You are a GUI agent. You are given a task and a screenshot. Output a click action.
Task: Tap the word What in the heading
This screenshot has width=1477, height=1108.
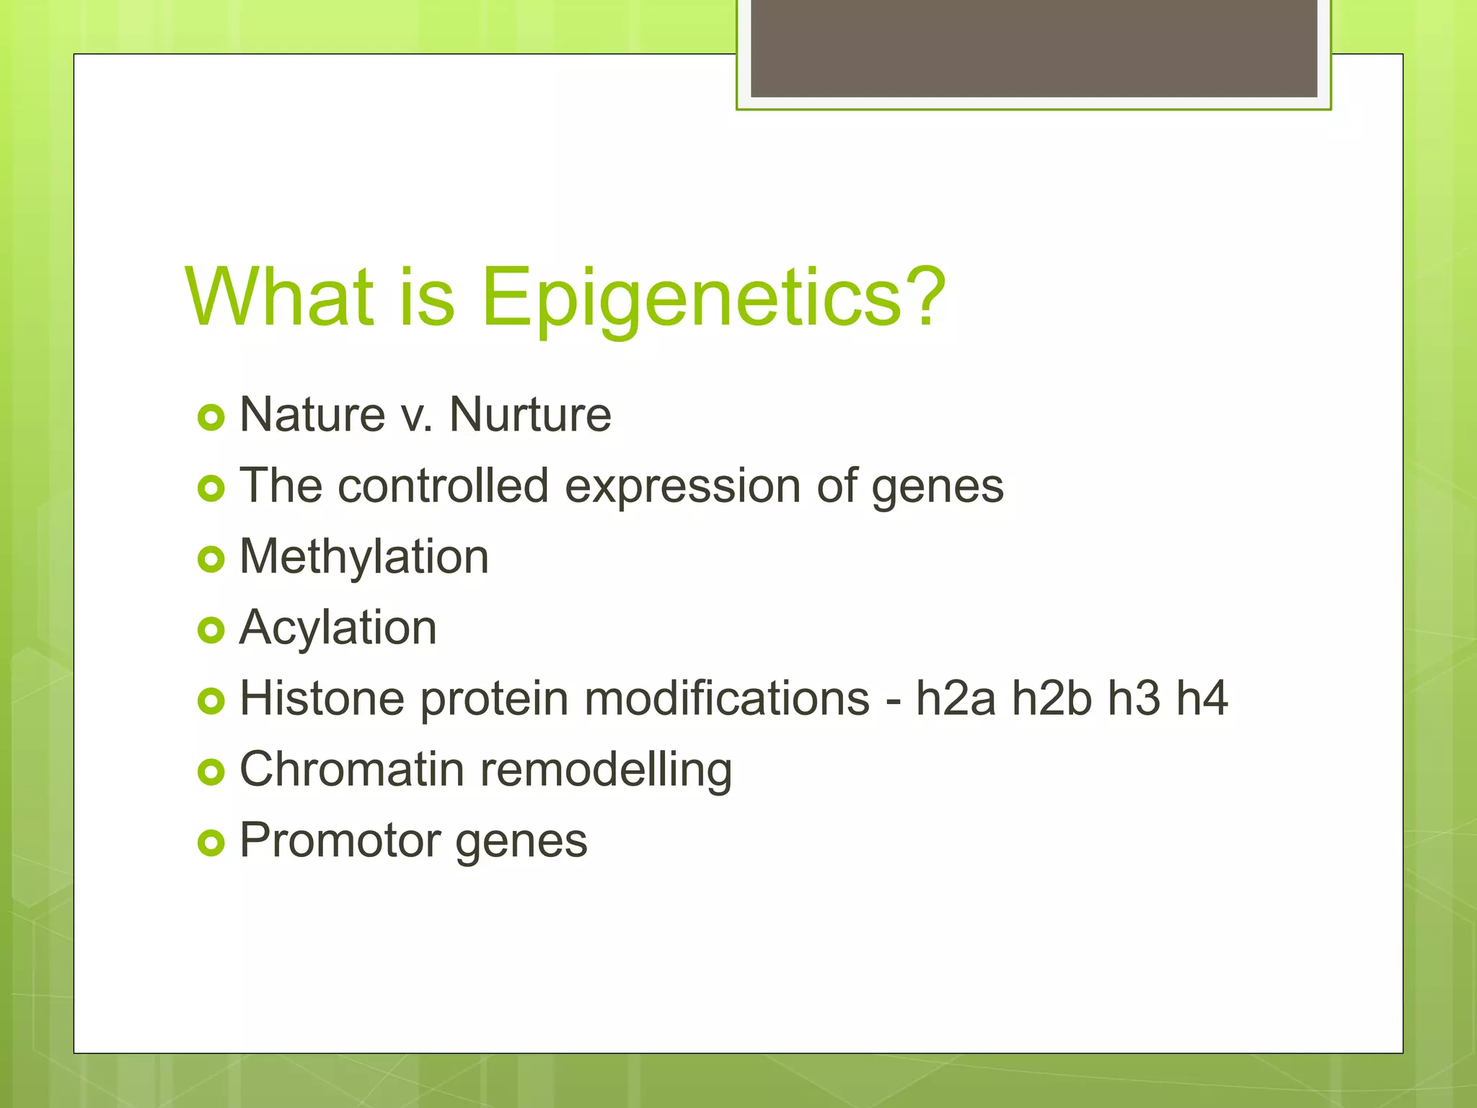click(x=280, y=297)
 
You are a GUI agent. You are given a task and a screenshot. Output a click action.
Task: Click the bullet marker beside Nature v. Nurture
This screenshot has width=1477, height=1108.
click(x=211, y=418)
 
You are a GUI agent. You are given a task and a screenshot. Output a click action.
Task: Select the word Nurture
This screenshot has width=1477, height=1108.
click(x=530, y=415)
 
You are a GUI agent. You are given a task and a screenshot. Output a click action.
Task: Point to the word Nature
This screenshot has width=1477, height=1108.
click(x=312, y=415)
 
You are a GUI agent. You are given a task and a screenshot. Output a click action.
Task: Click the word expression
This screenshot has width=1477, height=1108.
click(x=682, y=487)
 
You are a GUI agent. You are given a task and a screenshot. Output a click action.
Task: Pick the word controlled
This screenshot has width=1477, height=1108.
click(x=443, y=485)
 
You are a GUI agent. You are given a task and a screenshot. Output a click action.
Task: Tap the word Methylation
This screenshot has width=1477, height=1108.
click(x=364, y=558)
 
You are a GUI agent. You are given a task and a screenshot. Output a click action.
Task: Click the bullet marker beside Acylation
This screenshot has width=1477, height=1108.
click(x=211, y=630)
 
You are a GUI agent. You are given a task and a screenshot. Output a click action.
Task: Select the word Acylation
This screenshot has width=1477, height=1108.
click(x=338, y=628)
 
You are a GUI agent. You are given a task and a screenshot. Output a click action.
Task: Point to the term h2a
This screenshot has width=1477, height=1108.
click(x=956, y=698)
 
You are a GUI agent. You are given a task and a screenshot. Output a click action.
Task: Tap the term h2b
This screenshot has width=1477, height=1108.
click(x=1051, y=698)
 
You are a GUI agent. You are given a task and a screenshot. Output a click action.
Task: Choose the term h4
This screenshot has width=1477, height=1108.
click(x=1202, y=698)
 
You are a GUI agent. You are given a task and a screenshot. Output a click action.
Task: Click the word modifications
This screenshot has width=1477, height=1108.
click(x=727, y=698)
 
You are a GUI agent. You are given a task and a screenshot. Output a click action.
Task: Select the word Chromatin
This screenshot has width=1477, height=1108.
click(x=352, y=769)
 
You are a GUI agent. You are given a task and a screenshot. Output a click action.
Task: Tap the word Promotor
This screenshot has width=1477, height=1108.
click(x=340, y=840)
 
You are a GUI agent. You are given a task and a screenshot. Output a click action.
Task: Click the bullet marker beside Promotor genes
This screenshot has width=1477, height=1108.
click(x=211, y=843)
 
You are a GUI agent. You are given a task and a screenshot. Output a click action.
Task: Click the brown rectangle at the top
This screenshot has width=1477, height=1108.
click(x=1033, y=48)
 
